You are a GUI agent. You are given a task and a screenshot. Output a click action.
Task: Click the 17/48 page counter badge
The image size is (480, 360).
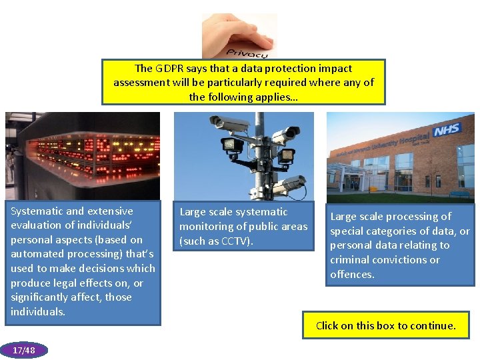coord(24,350)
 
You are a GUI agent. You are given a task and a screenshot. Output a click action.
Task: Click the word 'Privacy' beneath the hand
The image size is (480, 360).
coord(247,52)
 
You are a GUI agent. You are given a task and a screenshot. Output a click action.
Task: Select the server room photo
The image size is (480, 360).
coord(83,156)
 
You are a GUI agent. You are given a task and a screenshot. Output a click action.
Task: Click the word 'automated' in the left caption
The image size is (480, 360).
coord(35,254)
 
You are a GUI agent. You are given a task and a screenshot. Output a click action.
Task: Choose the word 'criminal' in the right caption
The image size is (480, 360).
coord(351,260)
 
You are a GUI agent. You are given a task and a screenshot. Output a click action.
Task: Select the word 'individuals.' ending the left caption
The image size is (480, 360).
coord(38,312)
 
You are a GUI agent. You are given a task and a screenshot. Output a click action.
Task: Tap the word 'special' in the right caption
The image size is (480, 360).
coord(348,231)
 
